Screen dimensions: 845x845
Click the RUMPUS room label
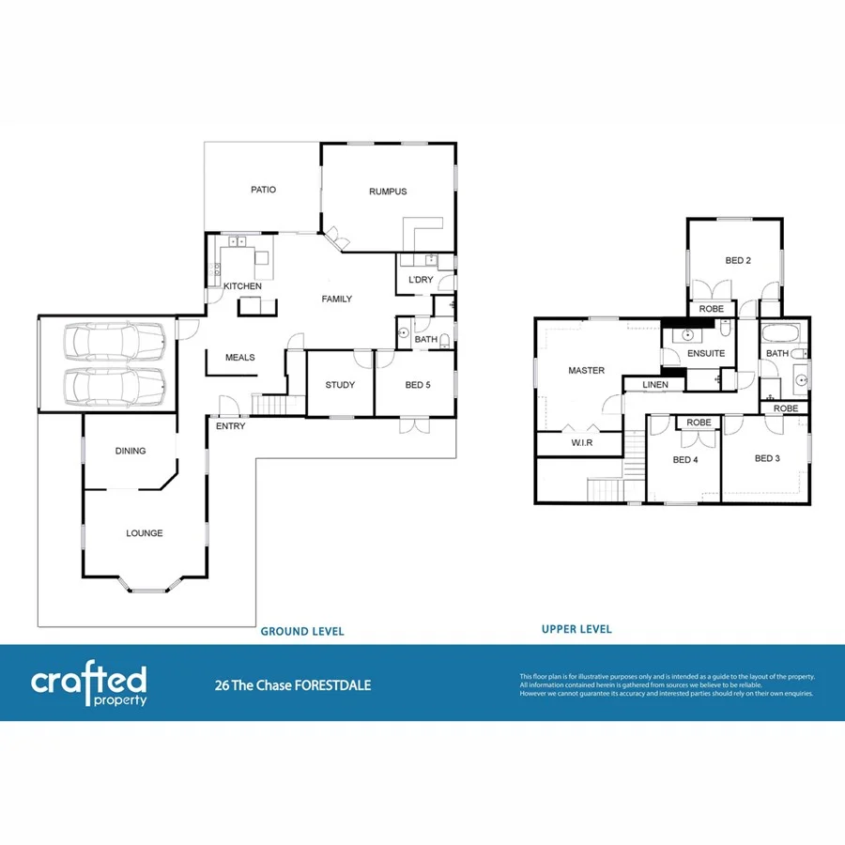(x=388, y=192)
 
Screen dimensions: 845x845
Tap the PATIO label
(x=263, y=190)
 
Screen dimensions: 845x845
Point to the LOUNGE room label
(x=145, y=533)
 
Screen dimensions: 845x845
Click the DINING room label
(x=131, y=451)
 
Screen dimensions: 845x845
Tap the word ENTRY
(x=230, y=426)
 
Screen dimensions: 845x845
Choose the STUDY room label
(x=339, y=385)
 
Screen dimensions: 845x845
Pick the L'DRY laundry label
(x=420, y=281)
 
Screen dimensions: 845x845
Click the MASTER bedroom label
(x=587, y=371)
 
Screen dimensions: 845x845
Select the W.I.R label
(x=581, y=443)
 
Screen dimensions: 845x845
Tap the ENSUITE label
(x=706, y=354)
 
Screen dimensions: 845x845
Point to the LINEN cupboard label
(x=656, y=385)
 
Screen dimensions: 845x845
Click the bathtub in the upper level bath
(x=778, y=333)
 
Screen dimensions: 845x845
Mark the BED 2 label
(x=738, y=260)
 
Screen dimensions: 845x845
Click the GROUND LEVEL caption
(x=301, y=632)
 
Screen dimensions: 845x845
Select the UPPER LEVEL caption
(x=576, y=629)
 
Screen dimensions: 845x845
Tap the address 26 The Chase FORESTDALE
(x=293, y=685)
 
